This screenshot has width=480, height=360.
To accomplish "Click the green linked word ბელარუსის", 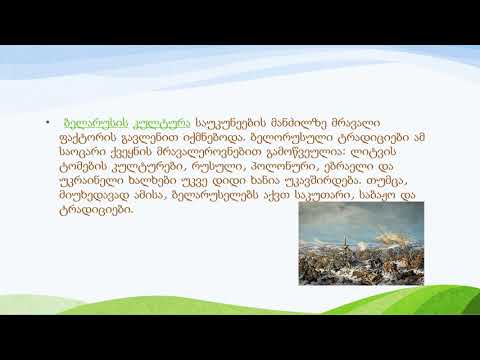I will point(91,118).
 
